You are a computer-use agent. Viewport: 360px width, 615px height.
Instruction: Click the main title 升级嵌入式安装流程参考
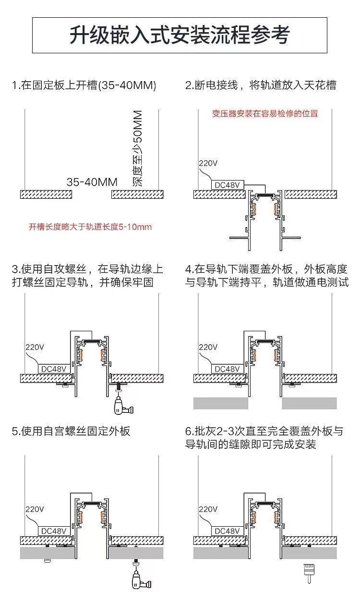pyautogui.click(x=180, y=35)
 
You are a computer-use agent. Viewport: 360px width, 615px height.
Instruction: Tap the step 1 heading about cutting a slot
pyautogui.click(x=84, y=85)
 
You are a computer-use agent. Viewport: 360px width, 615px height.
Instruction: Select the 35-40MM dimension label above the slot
pyautogui.click(x=92, y=182)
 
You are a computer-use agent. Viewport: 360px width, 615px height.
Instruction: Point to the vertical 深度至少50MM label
pyautogui.click(x=137, y=148)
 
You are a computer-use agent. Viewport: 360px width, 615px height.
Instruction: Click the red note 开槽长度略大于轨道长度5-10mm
pyautogui.click(x=90, y=226)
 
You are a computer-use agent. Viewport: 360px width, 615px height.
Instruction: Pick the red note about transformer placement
pyautogui.click(x=265, y=114)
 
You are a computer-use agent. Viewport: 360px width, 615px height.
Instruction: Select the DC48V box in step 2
pyautogui.click(x=228, y=184)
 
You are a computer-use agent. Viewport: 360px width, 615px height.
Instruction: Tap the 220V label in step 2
pyautogui.click(x=208, y=163)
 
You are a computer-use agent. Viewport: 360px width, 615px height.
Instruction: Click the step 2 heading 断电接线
pyautogui.click(x=261, y=85)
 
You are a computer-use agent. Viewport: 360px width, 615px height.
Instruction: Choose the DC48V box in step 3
pyautogui.click(x=54, y=368)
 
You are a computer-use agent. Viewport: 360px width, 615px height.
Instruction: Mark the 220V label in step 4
pyautogui.click(x=208, y=347)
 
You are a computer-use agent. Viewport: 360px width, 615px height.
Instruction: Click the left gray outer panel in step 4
pyautogui.click(x=220, y=403)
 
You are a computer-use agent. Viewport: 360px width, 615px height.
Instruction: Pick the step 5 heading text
pyautogui.click(x=71, y=431)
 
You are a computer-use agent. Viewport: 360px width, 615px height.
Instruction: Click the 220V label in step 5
pyautogui.click(x=35, y=509)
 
